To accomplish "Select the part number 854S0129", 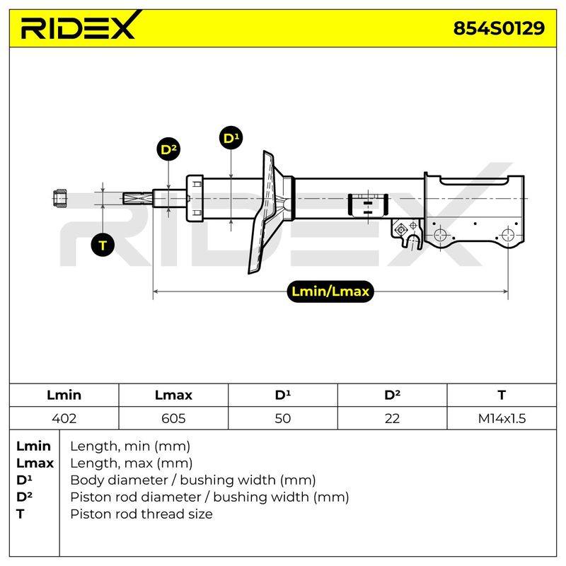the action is coord(499,28).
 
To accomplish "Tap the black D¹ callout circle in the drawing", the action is coord(231,138).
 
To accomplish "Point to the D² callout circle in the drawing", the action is coord(168,149).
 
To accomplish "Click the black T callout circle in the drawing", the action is coord(103,245).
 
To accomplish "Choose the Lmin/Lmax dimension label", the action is coord(330,291).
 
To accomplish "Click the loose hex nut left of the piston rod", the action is coord(59,199).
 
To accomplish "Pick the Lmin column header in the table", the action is coord(64,395).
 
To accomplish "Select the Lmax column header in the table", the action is coord(173,395).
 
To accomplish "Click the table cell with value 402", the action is coord(64,418).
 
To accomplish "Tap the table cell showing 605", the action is coord(173,418).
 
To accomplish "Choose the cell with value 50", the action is coord(282,418).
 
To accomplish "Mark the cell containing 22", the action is coord(392,418).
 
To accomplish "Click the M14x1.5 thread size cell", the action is coord(502,418).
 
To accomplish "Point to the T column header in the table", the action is coord(502,395).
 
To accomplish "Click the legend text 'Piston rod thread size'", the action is coord(141,514).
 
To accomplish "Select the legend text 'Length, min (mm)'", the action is coord(130,446).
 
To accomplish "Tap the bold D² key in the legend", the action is coord(24,497).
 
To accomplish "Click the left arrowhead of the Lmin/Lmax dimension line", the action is coord(156,291).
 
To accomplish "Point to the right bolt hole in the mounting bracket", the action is coord(508,235).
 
